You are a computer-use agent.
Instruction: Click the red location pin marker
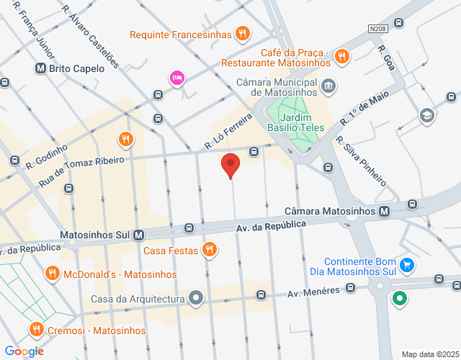tap(230, 165)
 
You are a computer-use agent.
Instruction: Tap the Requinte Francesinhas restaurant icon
tap(243, 34)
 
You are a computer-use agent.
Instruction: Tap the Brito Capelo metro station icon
tap(40, 69)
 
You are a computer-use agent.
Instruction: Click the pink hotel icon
tap(176, 78)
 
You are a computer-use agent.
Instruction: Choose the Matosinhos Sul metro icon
tap(139, 235)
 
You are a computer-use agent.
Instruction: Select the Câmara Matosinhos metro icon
tap(385, 212)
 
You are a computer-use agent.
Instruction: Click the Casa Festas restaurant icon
tap(209, 251)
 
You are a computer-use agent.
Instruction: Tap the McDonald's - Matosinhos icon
tap(51, 274)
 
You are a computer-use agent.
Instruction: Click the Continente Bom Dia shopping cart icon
tap(407, 266)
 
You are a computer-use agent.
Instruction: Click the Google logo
tap(24, 351)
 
